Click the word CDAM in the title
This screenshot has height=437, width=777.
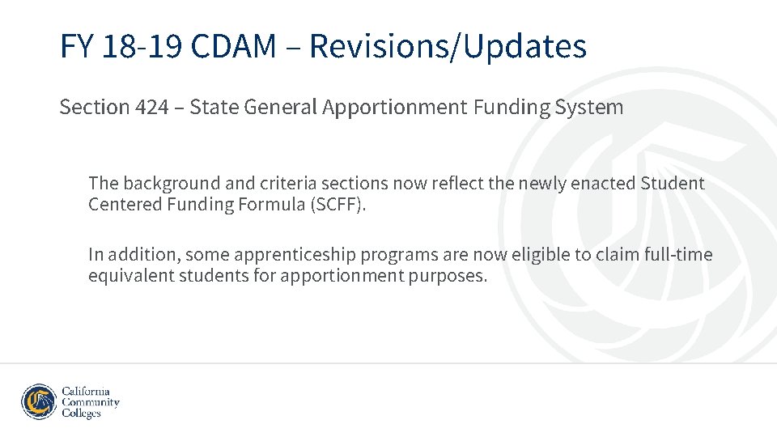(x=234, y=47)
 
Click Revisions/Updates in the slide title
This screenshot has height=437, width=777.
(x=448, y=47)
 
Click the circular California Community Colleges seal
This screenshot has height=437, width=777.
(x=39, y=402)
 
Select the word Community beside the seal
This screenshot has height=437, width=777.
(x=91, y=402)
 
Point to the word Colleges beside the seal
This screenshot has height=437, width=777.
(x=82, y=414)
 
